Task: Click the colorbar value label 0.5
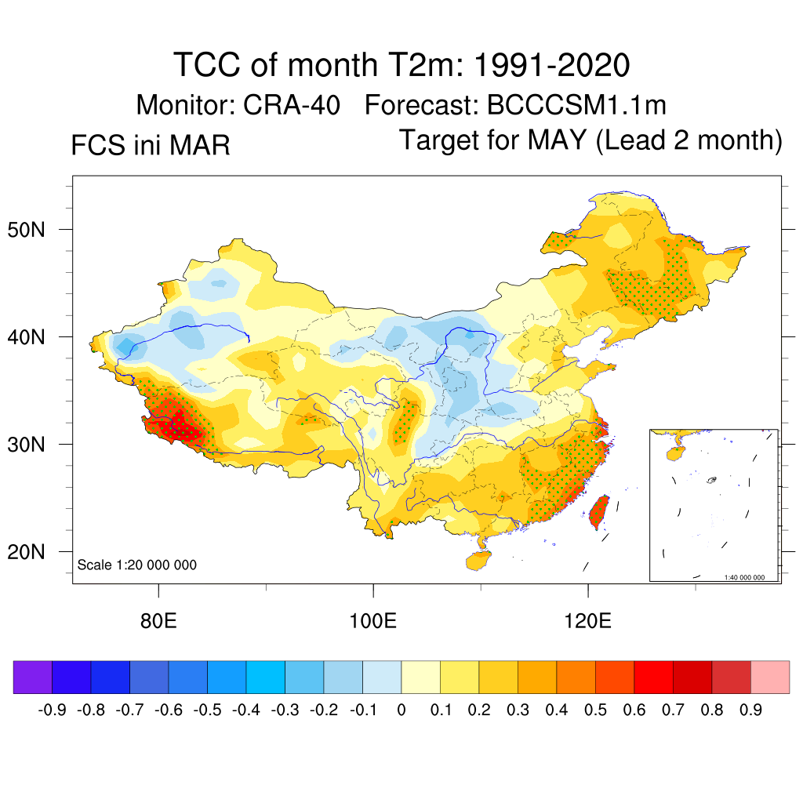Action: [595, 710]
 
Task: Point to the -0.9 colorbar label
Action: [52, 710]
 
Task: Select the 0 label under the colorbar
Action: [401, 710]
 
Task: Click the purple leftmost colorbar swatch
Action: [33, 677]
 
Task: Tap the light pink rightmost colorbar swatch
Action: [770, 677]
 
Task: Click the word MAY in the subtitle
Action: [557, 140]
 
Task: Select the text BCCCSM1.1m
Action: [576, 104]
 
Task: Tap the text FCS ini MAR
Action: [151, 145]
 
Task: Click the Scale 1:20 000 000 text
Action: [137, 565]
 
